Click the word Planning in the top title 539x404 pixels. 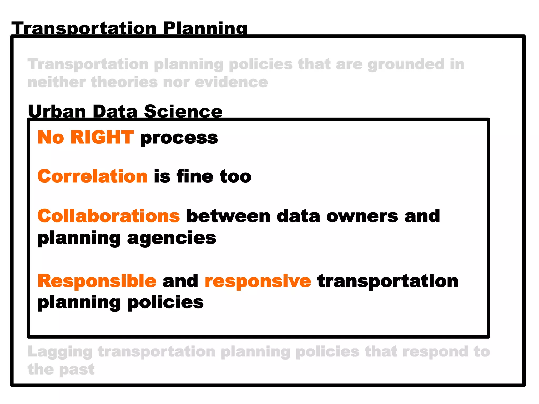click(205, 28)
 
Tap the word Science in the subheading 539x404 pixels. click(183, 112)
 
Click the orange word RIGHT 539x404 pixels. click(102, 137)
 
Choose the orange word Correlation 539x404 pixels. click(92, 176)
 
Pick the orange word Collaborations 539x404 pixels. click(109, 216)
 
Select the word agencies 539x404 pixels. click(172, 238)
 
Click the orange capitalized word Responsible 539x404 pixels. click(97, 281)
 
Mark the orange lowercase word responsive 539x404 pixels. click(258, 281)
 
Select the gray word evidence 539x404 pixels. click(231, 82)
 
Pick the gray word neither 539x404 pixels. click(57, 82)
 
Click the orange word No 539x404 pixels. click(51, 137)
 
